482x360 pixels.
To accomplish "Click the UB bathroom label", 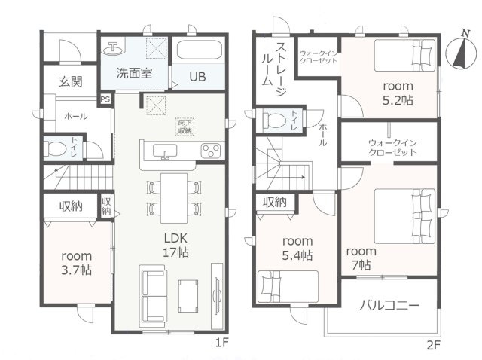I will point(197,76).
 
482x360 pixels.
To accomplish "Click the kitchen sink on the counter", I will point(166,153).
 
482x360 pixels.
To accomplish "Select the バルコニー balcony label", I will point(389,305).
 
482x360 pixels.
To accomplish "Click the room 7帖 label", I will point(360,258).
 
